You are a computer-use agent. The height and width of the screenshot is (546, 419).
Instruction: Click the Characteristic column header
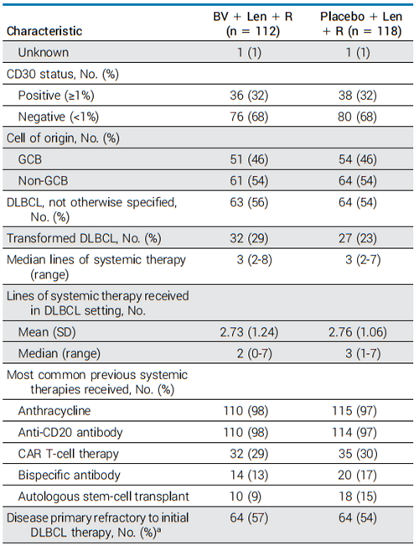[x=44, y=31]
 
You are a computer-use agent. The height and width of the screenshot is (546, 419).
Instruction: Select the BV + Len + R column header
[x=252, y=23]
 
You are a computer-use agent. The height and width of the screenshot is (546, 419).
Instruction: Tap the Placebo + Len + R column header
[x=361, y=23]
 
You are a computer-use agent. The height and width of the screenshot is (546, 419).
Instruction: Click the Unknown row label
[x=44, y=52]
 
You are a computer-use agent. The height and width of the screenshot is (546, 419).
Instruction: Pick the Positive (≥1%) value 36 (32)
[x=249, y=96]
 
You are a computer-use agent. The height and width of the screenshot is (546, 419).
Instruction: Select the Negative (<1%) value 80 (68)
[x=357, y=117]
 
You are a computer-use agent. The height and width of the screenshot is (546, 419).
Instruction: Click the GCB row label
[x=30, y=159]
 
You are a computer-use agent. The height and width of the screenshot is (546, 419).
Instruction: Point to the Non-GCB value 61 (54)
[x=249, y=180]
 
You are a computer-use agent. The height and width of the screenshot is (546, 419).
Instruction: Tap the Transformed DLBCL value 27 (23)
[x=357, y=238]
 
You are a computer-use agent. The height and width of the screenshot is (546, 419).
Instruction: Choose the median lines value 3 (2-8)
[x=255, y=260]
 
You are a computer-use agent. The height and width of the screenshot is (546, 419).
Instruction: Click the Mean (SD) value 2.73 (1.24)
[x=249, y=332]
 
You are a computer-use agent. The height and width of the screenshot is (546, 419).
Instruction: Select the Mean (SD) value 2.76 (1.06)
[x=358, y=332]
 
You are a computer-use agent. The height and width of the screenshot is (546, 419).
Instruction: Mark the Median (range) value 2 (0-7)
[x=255, y=353]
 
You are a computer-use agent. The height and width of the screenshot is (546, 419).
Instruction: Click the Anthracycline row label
[x=54, y=411]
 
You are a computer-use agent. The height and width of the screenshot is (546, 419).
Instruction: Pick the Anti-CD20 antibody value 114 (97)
[x=354, y=433]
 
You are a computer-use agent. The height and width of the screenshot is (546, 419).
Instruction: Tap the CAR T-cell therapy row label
[x=69, y=454]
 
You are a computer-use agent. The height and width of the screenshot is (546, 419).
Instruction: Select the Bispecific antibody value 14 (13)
[x=249, y=475]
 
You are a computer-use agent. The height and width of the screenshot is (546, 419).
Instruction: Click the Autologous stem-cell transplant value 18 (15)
[x=357, y=497]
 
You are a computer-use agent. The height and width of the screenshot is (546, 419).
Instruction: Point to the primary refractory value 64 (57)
[x=249, y=517]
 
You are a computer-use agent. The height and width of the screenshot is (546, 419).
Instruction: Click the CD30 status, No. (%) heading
[x=63, y=74]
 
